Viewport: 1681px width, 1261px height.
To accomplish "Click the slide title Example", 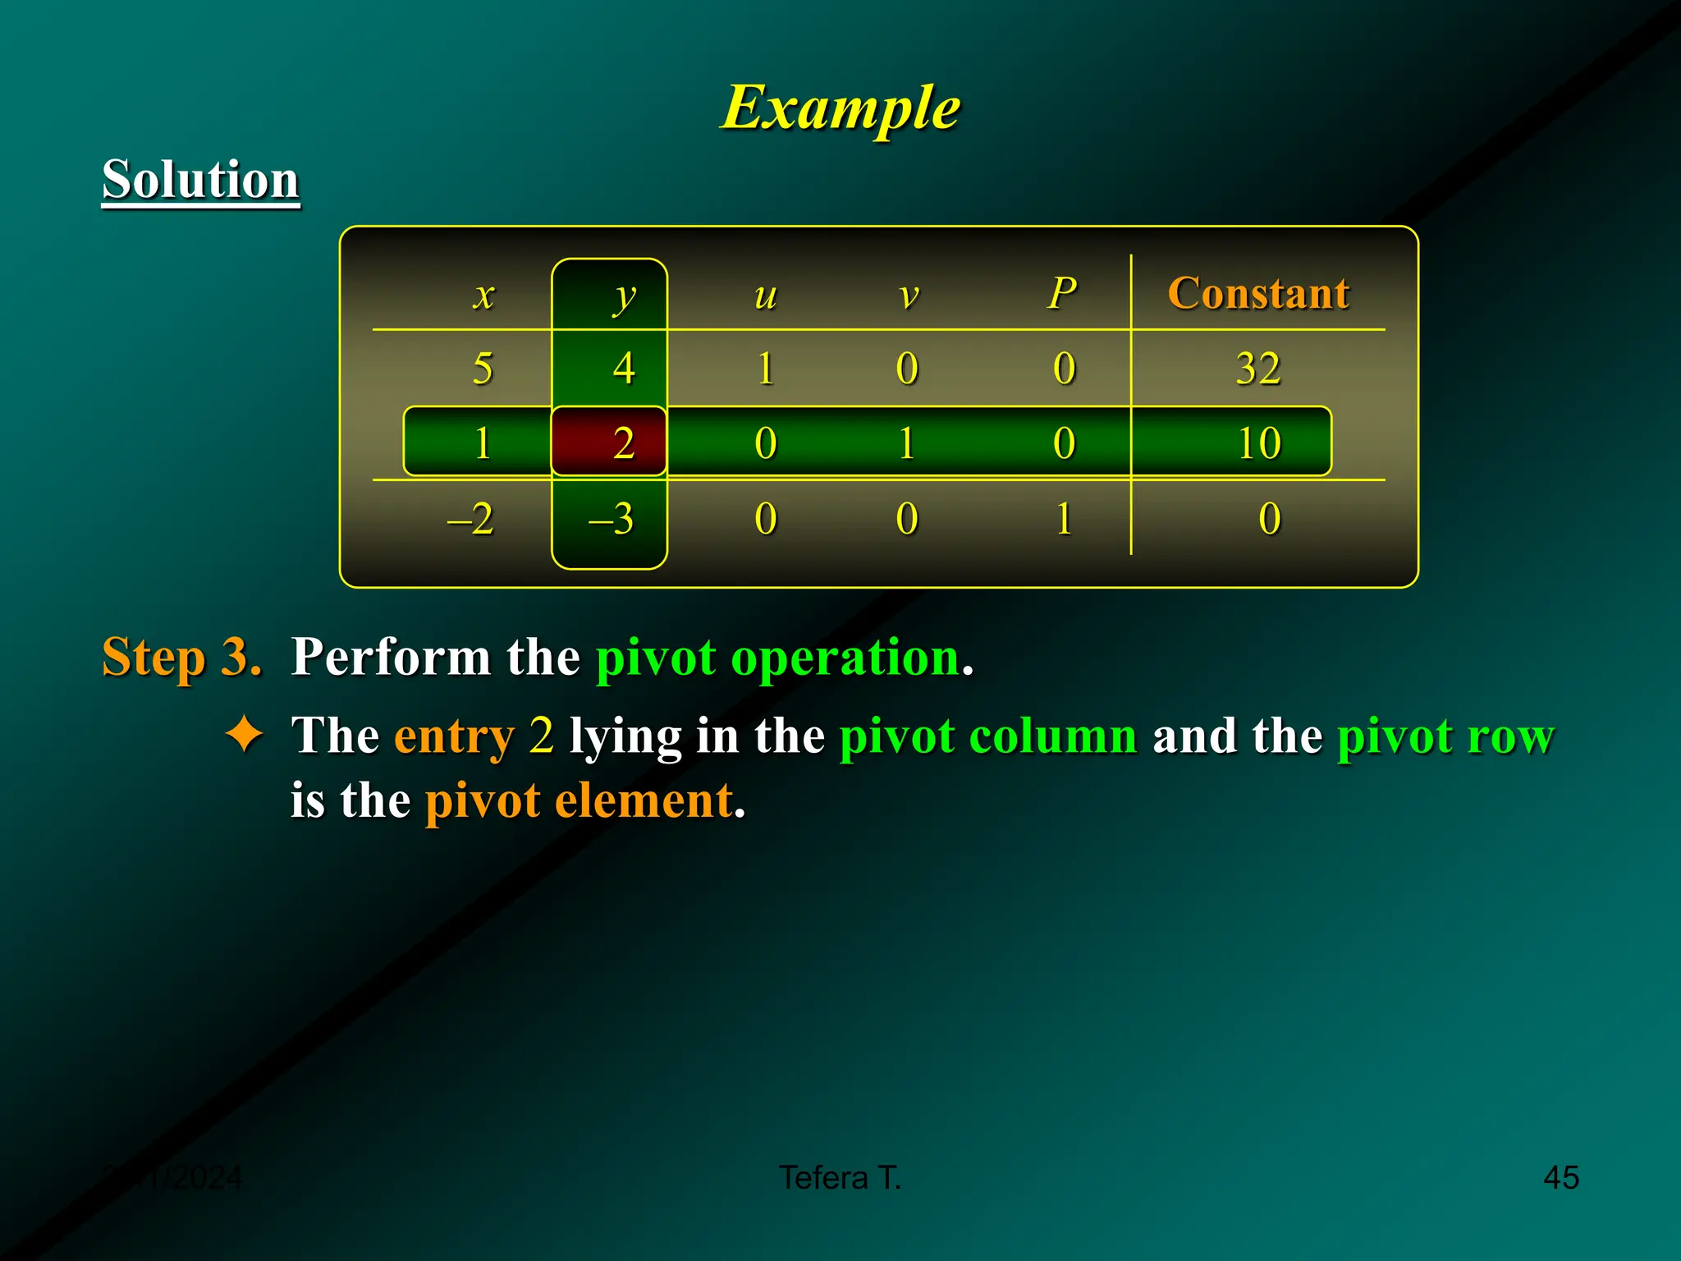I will (840, 108).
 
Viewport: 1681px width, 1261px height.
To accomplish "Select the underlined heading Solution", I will (200, 180).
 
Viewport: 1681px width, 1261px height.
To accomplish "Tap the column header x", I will (484, 295).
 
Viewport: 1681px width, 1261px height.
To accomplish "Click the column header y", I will (624, 296).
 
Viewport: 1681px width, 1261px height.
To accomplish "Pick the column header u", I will (765, 295).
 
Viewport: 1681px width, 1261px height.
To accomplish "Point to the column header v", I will (908, 295).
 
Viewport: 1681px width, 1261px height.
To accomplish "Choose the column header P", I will (1063, 293).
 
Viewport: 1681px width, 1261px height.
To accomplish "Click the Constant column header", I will (1258, 293).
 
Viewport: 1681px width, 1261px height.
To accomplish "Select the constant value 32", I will (1258, 368).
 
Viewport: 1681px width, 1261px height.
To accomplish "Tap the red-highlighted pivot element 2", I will (624, 443).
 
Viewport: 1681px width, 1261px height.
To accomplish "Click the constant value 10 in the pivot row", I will (1259, 443).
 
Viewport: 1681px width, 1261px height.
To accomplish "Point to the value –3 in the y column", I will (611, 519).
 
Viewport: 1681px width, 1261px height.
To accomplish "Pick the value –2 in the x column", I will (470, 519).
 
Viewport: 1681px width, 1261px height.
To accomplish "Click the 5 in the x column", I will (483, 368).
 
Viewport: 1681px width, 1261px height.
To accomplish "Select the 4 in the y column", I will (624, 368).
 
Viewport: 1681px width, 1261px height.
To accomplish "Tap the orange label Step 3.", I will (181, 658).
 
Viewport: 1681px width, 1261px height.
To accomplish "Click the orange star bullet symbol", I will (245, 734).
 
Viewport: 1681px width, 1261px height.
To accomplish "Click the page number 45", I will (1560, 1177).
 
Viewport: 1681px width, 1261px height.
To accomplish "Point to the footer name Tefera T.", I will (840, 1177).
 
